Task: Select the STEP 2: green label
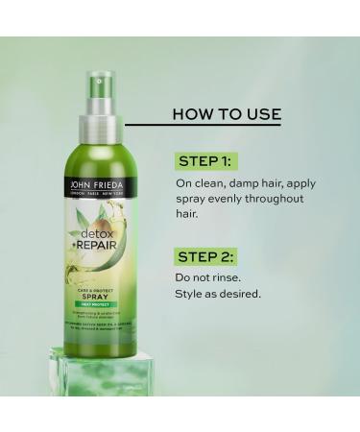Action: coord(205,258)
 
